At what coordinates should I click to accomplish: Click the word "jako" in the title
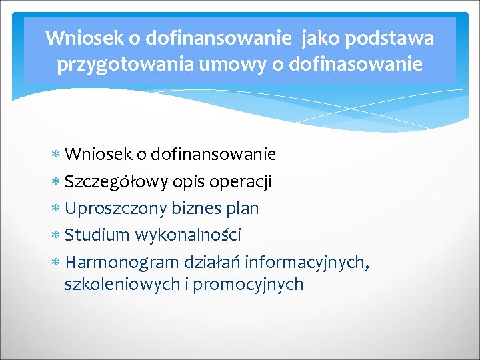319,39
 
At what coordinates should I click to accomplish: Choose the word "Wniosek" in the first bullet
99,155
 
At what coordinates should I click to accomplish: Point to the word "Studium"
97,235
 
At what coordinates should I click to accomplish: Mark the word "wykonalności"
188,235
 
